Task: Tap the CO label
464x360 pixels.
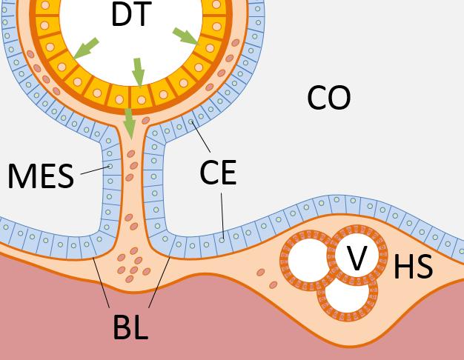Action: click(328, 98)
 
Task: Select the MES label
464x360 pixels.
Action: click(41, 177)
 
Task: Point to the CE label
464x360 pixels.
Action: click(218, 172)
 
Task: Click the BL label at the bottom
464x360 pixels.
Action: click(130, 327)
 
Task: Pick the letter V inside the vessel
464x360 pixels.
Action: click(357, 258)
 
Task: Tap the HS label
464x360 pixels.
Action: click(413, 267)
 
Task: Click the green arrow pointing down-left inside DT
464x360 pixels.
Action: click(85, 48)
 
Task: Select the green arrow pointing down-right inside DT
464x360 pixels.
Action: click(185, 36)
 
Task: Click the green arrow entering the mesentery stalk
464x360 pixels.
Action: click(130, 123)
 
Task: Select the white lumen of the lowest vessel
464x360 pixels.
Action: click(346, 295)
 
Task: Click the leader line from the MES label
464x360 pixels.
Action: click(95, 170)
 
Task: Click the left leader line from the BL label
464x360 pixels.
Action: click(102, 282)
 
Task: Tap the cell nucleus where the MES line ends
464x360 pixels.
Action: click(110, 167)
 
